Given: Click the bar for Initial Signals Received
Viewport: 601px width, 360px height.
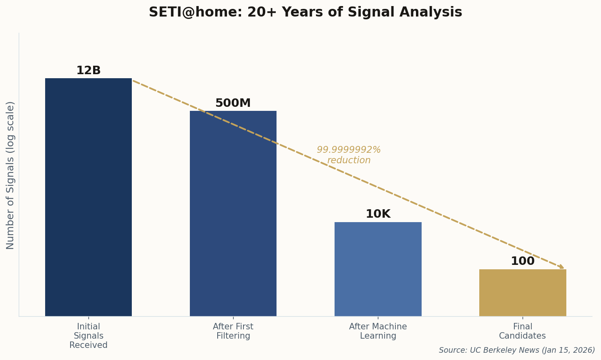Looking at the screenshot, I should (x=88, y=198).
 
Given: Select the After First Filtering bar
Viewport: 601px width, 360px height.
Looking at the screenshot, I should (x=233, y=214).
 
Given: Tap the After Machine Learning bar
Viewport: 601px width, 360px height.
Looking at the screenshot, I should (x=378, y=269).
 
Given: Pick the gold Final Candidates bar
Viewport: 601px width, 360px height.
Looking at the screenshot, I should (x=522, y=293).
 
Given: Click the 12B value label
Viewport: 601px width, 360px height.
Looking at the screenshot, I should (x=88, y=71).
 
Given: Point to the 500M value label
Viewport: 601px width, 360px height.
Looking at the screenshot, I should (x=233, y=103).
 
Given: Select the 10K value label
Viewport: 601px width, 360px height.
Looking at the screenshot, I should (x=378, y=214).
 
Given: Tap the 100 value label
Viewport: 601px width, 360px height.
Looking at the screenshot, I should (x=522, y=261).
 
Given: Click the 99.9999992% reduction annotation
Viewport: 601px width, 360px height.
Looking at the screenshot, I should (x=349, y=155).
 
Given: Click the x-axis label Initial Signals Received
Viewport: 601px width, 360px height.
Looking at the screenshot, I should (x=88, y=336).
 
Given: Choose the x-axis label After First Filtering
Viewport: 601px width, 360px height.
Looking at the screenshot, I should (x=233, y=331).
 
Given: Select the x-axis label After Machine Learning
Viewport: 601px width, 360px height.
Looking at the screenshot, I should (x=378, y=331).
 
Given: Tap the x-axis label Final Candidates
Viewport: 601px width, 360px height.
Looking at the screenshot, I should (x=522, y=331).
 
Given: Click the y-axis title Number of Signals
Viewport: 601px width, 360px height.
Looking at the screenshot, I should (x=10, y=175).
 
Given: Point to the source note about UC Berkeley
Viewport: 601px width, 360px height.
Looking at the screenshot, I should (x=517, y=350).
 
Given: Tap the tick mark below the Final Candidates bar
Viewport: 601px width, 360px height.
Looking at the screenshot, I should (x=522, y=318).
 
